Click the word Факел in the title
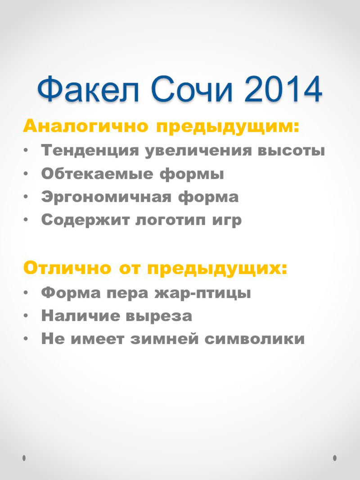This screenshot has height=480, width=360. [x=88, y=89]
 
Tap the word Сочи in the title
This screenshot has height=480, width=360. [x=192, y=89]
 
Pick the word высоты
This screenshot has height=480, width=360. [x=291, y=151]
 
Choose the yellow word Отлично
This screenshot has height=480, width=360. [x=67, y=268]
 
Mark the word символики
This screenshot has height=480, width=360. [x=255, y=339]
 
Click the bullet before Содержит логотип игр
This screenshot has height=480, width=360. [x=26, y=220]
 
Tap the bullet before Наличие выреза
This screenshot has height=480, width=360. [x=26, y=315]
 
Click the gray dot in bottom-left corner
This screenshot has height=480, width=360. [x=24, y=458]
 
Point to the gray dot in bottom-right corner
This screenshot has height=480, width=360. [x=335, y=458]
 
